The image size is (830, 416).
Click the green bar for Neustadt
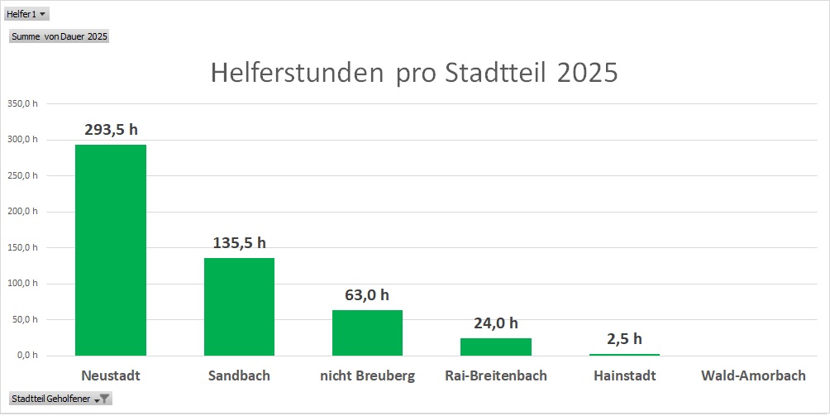pos(111,250)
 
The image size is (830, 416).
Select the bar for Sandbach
pos(239,306)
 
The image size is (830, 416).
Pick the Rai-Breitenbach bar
pos(496,347)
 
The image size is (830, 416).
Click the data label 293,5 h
pos(111,129)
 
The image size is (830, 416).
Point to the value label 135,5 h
pos(239,242)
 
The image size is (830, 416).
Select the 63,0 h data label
pos(367,294)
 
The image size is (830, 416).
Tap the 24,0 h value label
pos(496,323)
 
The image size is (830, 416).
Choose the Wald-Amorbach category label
pos(753,375)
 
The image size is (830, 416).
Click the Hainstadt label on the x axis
pos(624,375)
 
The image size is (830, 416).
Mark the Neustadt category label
pos(111,375)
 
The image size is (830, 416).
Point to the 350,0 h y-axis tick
pos(22,103)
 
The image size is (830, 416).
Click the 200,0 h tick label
pos(22,211)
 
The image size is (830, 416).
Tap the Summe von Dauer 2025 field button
pos(59,36)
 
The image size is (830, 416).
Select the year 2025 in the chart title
pos(587,73)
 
